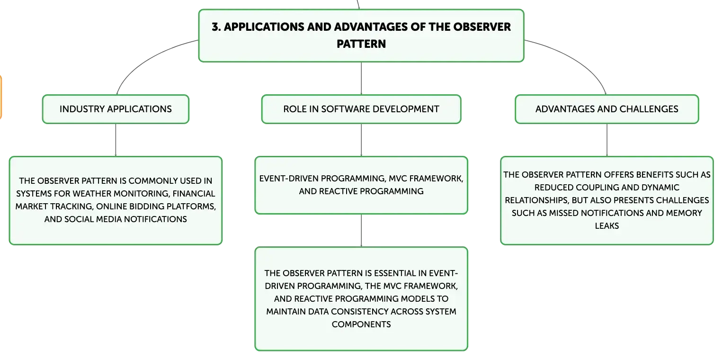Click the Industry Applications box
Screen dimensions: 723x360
(116, 109)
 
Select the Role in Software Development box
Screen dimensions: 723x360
(361, 109)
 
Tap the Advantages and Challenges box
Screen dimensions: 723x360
(607, 109)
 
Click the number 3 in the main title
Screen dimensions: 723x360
(215, 27)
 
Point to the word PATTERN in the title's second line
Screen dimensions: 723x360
(361, 44)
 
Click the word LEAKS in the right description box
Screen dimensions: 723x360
(607, 225)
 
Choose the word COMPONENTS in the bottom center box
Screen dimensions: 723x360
(361, 324)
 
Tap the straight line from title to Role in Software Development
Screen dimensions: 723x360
(361, 78)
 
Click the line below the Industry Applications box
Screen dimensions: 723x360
(116, 140)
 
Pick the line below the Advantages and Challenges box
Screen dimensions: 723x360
(607, 140)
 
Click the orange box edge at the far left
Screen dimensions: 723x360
(1, 97)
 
